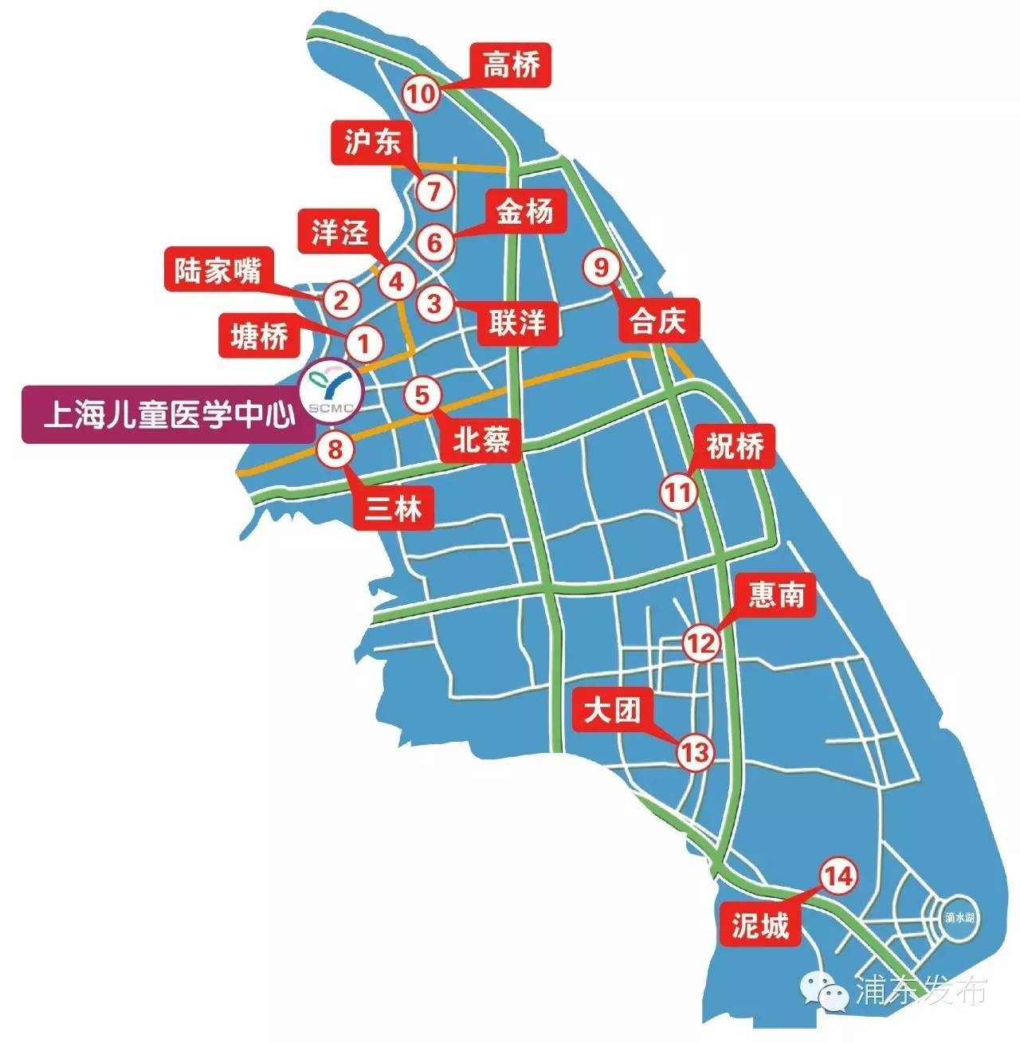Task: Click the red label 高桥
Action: pyautogui.click(x=511, y=65)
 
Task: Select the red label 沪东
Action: pyautogui.click(x=371, y=143)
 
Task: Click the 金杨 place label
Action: pyautogui.click(x=524, y=213)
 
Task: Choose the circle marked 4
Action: pyautogui.click(x=396, y=280)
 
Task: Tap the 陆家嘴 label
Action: pyautogui.click(x=218, y=271)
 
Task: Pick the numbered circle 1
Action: pyautogui.click(x=363, y=345)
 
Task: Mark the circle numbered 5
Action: pyautogui.click(x=422, y=394)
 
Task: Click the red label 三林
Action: pyautogui.click(x=393, y=508)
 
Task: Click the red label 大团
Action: pyautogui.click(x=612, y=711)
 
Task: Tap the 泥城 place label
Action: pyautogui.click(x=759, y=925)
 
